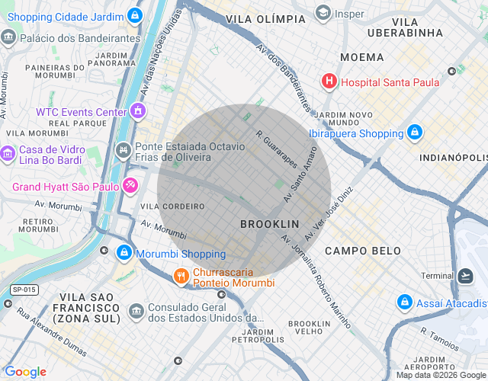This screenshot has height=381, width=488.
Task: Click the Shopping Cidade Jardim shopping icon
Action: (135, 15)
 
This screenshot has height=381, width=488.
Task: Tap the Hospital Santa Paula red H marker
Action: (329, 81)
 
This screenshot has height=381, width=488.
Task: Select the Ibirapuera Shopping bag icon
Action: (414, 133)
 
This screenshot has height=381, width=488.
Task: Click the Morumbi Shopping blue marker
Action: (124, 252)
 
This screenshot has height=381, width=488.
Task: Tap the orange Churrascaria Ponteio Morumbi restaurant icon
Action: (181, 276)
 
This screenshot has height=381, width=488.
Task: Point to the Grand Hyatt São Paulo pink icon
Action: (130, 185)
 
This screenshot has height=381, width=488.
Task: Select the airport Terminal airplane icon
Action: (466, 275)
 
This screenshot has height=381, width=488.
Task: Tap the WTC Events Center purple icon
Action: (137, 111)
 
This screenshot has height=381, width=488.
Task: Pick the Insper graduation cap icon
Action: (323, 13)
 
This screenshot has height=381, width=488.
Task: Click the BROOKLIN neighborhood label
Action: (269, 224)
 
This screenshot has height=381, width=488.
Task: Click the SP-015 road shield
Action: (24, 290)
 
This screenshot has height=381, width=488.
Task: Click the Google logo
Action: (25, 371)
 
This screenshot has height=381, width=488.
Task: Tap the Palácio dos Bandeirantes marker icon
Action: (8, 37)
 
